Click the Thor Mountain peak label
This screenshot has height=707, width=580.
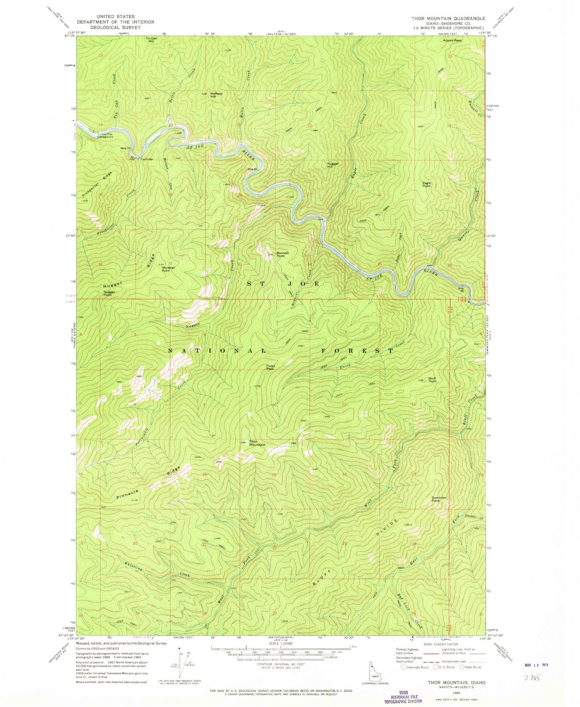pyautogui.click(x=257, y=443)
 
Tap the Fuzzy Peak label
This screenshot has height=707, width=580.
pyautogui.click(x=270, y=367)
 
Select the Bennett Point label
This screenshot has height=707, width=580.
pyautogui.click(x=283, y=254)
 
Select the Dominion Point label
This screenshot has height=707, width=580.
pyautogui.click(x=439, y=499)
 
